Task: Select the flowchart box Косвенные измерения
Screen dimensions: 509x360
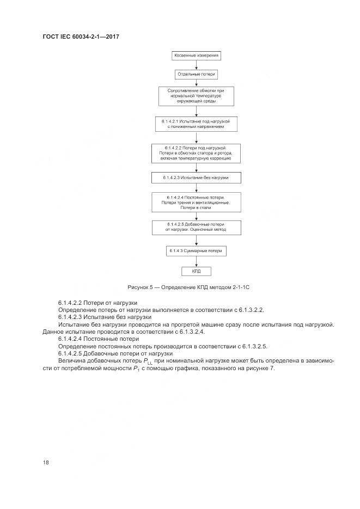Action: (197, 56)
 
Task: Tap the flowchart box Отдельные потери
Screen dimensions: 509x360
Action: (197, 75)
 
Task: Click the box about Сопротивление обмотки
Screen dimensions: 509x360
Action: (197, 96)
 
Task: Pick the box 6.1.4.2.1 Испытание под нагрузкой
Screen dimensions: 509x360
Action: (197, 122)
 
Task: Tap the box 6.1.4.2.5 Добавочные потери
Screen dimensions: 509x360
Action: (196, 227)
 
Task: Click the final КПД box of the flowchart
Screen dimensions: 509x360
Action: (196, 271)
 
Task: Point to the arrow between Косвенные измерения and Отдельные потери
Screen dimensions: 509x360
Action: (197, 65)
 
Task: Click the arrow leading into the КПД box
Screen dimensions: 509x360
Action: (196, 261)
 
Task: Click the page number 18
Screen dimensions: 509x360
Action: (46, 463)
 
